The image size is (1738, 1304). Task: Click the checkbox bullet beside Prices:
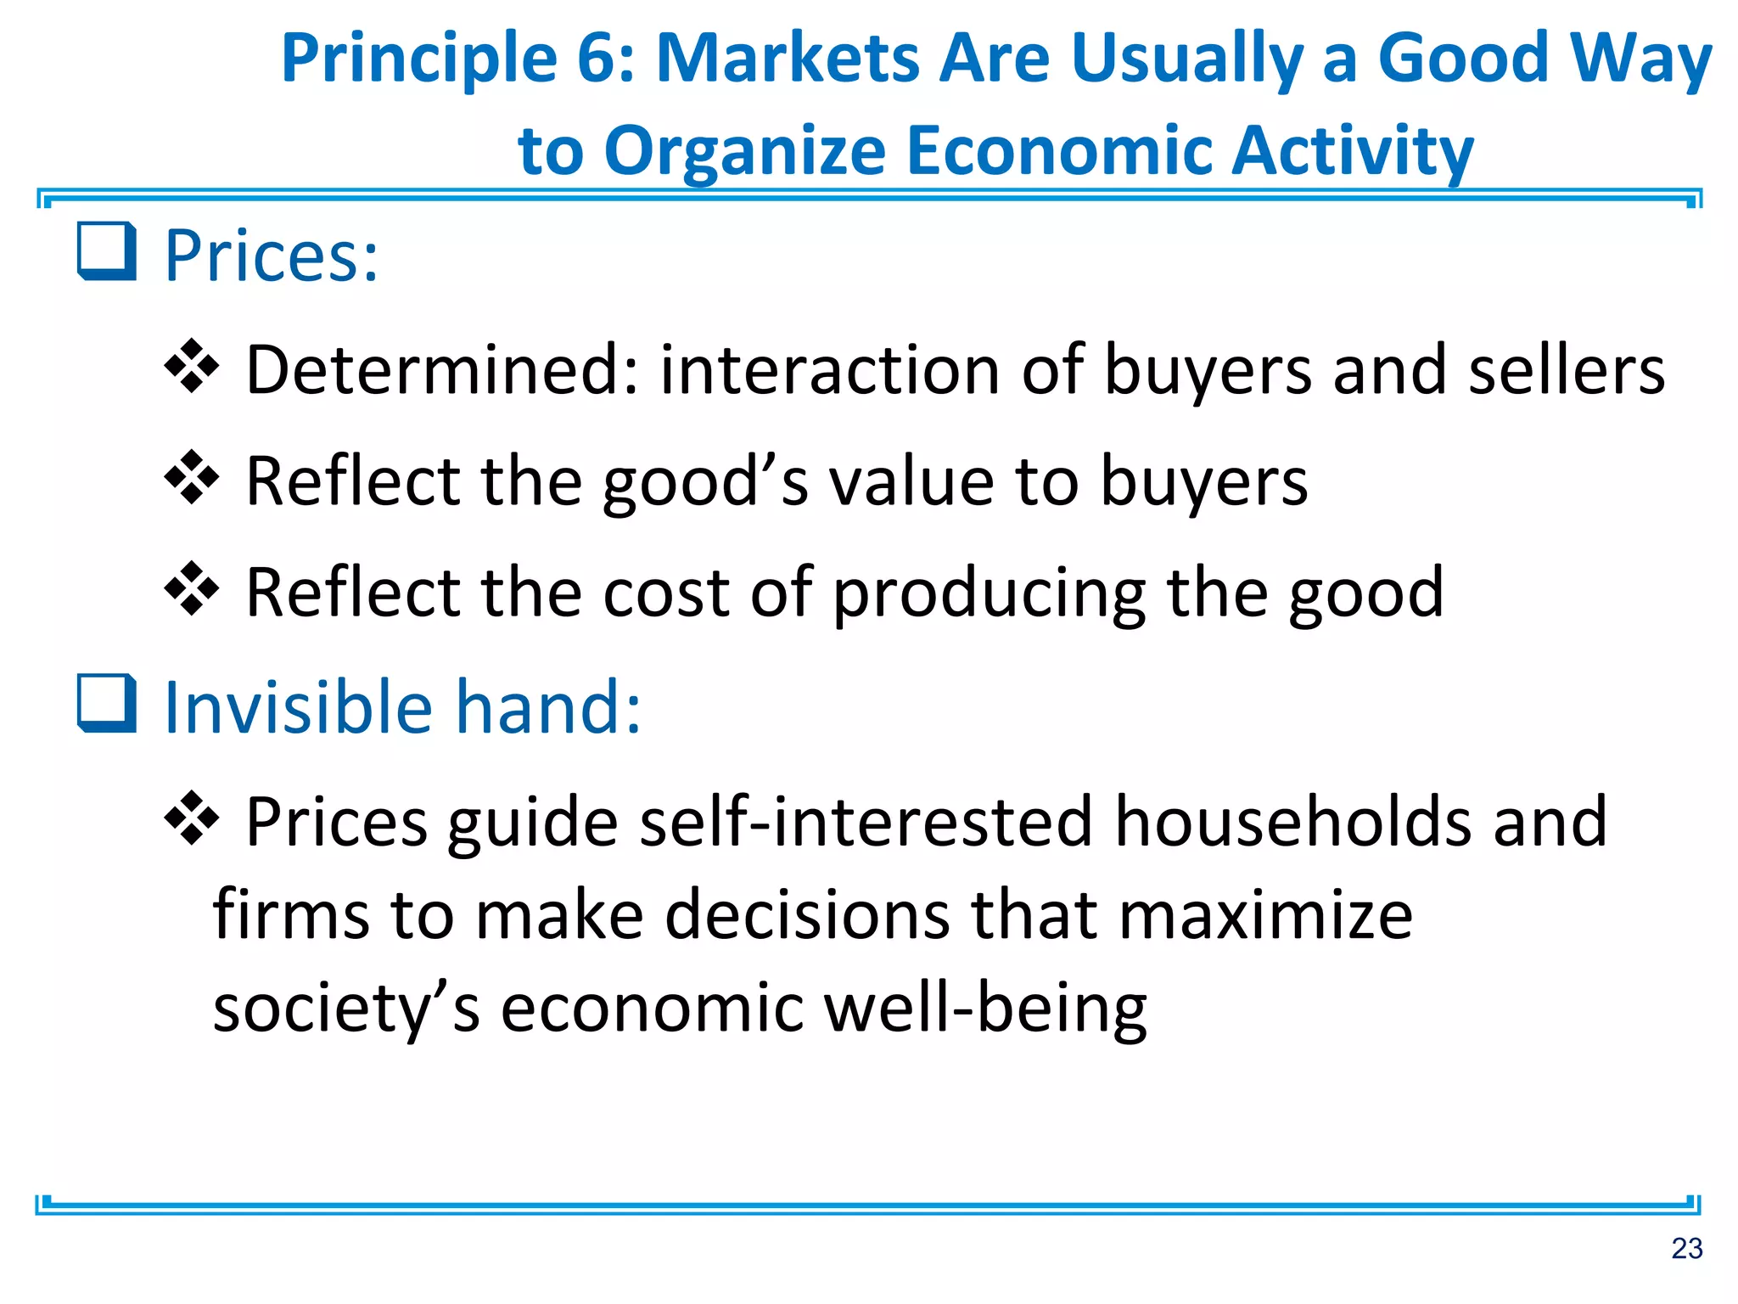coord(107,251)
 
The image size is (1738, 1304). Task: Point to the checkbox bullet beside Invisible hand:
coord(107,703)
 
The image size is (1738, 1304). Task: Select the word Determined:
coord(442,370)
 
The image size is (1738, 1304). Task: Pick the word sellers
coord(1567,370)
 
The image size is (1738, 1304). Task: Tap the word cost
coord(666,592)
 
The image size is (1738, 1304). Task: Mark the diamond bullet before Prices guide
coord(192,818)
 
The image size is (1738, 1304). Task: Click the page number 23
coord(1686,1249)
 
